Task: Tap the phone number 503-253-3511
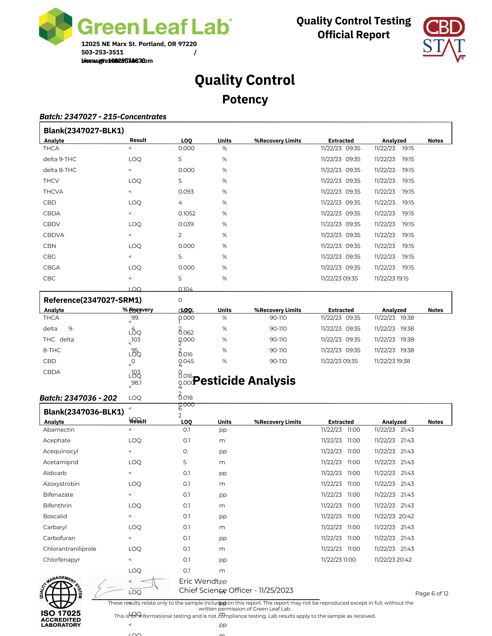click(x=102, y=52)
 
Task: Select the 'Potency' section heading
click(x=245, y=99)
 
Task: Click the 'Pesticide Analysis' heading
click(x=244, y=381)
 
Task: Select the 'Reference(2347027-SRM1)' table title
click(x=92, y=300)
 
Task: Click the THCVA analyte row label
click(x=53, y=192)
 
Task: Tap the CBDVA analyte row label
click(x=54, y=235)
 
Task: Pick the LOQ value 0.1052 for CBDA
click(x=187, y=213)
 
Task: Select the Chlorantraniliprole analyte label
click(x=70, y=549)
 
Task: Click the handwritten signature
click(x=128, y=587)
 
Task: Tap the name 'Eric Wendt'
click(x=199, y=581)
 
